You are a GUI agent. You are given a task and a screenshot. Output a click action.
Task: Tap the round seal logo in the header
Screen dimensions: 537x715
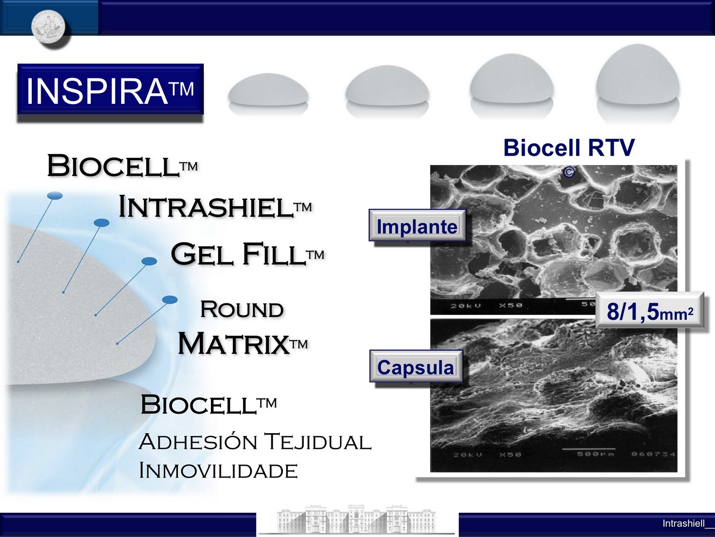click(x=48, y=26)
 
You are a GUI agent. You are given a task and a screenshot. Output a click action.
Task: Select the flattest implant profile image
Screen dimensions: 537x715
click(x=268, y=90)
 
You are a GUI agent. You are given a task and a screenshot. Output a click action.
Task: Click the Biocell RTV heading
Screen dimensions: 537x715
click(x=568, y=148)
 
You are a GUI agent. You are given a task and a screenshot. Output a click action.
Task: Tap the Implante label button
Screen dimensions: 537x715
click(x=416, y=226)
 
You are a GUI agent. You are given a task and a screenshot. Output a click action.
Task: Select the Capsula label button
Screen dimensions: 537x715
click(x=416, y=367)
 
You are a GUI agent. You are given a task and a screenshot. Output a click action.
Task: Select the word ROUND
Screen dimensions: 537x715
click(x=242, y=310)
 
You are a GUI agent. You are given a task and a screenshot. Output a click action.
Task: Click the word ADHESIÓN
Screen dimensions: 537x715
click(x=198, y=442)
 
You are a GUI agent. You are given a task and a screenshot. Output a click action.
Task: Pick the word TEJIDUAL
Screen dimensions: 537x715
click(x=317, y=442)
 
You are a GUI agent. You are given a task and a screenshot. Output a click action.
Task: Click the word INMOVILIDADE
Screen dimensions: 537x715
click(x=218, y=471)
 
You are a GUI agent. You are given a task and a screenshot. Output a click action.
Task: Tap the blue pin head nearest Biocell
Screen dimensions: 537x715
click(x=55, y=196)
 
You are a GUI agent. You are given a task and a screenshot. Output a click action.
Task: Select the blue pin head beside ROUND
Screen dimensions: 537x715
click(x=169, y=299)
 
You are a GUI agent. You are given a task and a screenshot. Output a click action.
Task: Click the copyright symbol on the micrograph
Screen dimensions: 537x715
click(x=568, y=172)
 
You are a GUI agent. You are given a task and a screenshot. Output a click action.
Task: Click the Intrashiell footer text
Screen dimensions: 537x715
click(x=684, y=523)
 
